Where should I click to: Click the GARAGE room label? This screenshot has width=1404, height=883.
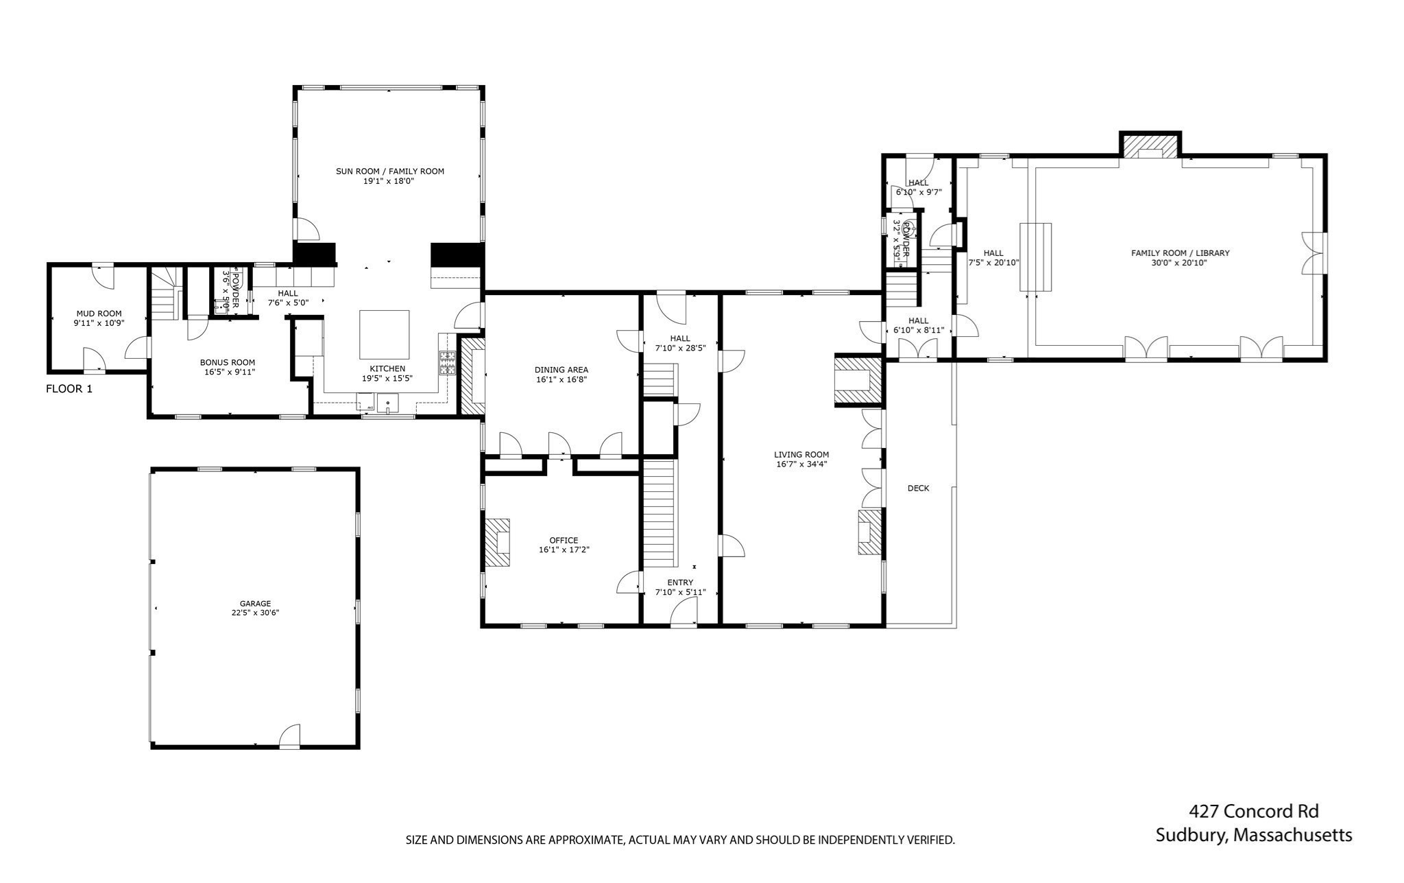pyautogui.click(x=255, y=604)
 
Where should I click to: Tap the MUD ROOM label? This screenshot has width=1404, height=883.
pyautogui.click(x=99, y=314)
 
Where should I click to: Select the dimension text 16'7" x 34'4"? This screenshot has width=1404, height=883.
pyautogui.click(x=801, y=464)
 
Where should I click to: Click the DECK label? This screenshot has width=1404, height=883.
pyautogui.click(x=918, y=488)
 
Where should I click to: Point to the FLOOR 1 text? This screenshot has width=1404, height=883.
pyautogui.click(x=69, y=389)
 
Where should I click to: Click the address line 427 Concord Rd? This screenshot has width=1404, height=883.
pyautogui.click(x=1253, y=811)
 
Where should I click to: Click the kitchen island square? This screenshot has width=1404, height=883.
pyautogui.click(x=385, y=335)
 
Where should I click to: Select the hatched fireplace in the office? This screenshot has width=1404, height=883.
pyautogui.click(x=498, y=542)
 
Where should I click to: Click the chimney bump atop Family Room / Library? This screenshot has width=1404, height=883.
pyautogui.click(x=1151, y=145)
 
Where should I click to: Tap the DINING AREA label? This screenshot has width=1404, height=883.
pyautogui.click(x=561, y=370)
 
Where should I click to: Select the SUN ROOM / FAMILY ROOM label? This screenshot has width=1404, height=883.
pyautogui.click(x=389, y=172)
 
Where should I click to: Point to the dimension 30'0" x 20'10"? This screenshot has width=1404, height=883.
pyautogui.click(x=1179, y=262)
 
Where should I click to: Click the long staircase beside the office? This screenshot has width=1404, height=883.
pyautogui.click(x=660, y=513)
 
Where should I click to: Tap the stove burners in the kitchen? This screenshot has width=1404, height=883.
pyautogui.click(x=447, y=362)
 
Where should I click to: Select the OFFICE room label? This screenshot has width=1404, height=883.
pyautogui.click(x=564, y=541)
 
